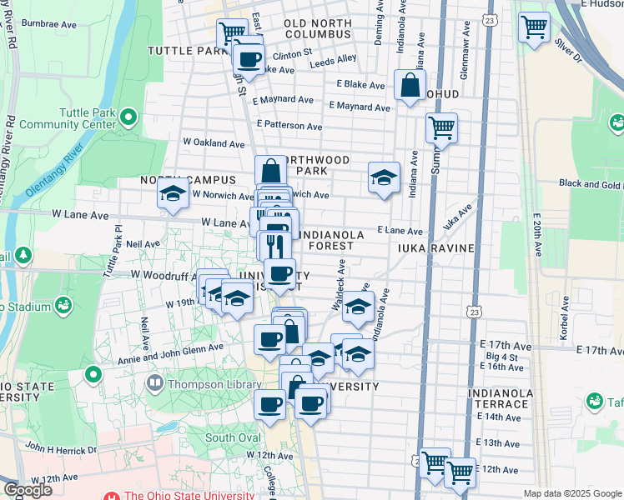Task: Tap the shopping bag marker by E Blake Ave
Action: point(410,85)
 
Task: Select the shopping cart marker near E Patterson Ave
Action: point(441,128)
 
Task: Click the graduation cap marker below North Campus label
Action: point(173,195)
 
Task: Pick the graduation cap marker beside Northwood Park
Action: point(384,177)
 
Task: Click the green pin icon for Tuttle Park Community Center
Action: point(128,116)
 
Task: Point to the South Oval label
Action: point(233,437)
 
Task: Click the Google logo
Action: point(28,490)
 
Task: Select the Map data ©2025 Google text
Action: point(571,493)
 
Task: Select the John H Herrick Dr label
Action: point(60,448)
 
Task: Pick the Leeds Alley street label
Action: point(333,62)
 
